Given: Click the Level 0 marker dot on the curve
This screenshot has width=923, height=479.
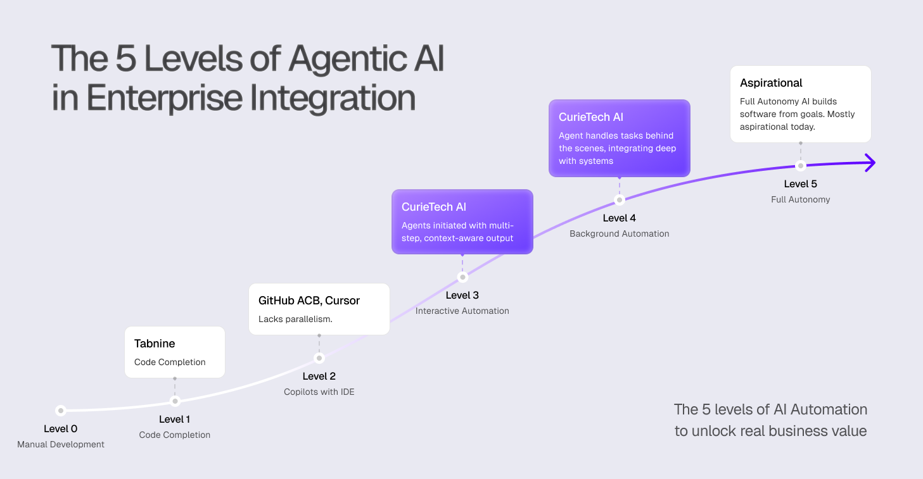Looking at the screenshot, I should (60, 410).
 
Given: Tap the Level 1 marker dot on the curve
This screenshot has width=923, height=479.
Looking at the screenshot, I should (175, 401).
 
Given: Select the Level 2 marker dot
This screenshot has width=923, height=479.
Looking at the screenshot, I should (319, 358).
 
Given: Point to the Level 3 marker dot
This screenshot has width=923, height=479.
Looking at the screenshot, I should (462, 277).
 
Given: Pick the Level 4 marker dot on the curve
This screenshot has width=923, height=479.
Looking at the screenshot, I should (620, 200).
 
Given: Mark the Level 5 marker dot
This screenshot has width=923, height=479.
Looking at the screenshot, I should (801, 166).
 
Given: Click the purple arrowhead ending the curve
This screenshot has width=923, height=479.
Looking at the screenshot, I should (870, 163).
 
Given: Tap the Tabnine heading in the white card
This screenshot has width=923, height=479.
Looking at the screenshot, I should (155, 344).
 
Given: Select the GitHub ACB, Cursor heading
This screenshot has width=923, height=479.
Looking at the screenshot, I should (309, 301).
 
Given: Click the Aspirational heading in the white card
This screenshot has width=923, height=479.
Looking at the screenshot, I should (771, 83).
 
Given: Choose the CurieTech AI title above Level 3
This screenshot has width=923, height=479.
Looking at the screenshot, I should (434, 207).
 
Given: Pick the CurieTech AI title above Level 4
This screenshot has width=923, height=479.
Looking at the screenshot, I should (591, 117).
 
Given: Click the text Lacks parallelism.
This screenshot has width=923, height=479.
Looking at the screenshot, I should (295, 319).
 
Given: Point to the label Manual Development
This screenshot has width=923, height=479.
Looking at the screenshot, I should (61, 444).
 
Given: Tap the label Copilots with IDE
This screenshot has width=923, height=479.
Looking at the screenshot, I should (319, 392).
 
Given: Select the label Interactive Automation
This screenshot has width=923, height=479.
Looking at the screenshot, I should (462, 311).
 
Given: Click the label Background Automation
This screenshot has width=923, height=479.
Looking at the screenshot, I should (620, 233).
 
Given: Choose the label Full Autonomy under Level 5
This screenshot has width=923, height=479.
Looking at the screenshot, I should (801, 199).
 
